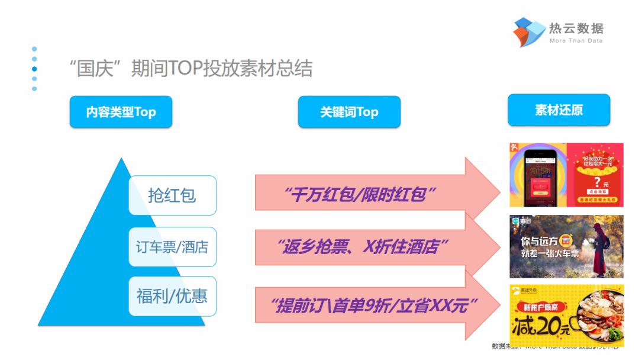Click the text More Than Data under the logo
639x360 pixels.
coord(576,41)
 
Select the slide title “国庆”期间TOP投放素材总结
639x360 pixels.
coord(191,69)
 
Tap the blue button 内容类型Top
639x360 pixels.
coord(121,112)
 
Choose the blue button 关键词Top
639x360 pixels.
coord(349,112)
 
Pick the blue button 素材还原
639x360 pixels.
coord(559,110)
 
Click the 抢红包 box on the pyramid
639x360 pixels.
coord(172,195)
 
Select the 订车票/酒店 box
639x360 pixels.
coord(172,246)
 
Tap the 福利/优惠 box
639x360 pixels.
coord(172,295)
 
